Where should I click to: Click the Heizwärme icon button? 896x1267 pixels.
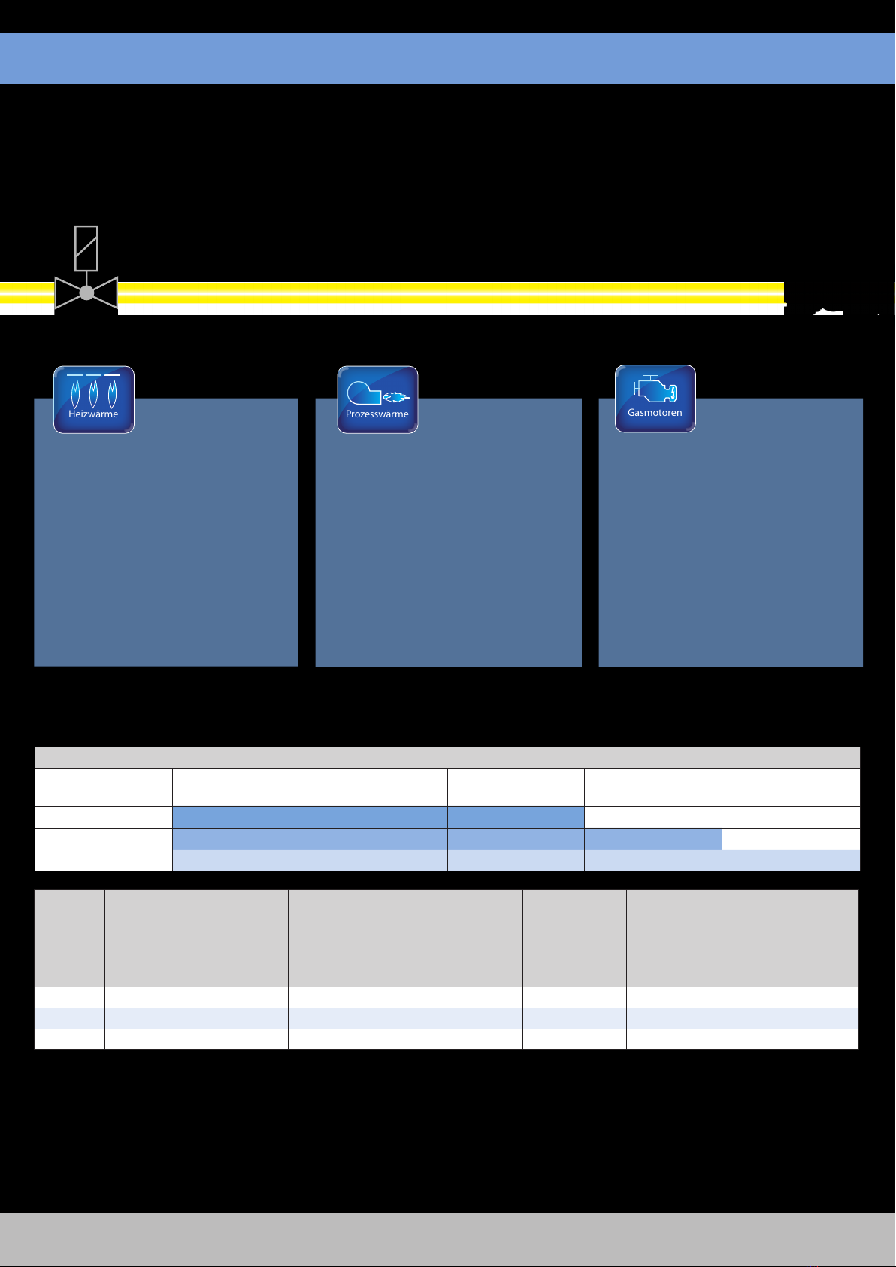click(x=94, y=399)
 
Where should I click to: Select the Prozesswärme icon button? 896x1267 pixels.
click(x=377, y=399)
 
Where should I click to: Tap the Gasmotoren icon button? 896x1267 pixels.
click(x=655, y=399)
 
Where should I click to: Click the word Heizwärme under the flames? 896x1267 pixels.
click(x=93, y=414)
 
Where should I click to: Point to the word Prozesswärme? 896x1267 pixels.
click(x=377, y=414)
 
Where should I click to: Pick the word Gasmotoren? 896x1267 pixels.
click(x=655, y=413)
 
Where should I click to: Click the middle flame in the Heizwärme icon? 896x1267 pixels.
click(x=93, y=393)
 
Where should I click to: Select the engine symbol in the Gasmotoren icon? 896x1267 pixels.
click(x=655, y=390)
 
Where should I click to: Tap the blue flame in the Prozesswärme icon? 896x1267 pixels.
click(x=396, y=396)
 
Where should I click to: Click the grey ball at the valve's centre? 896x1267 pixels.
click(x=86, y=293)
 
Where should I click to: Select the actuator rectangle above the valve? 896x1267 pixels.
click(x=86, y=248)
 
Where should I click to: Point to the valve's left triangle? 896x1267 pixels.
click(x=67, y=293)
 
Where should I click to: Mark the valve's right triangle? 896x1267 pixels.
click(x=106, y=293)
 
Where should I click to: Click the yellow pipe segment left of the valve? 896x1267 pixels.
click(x=26, y=293)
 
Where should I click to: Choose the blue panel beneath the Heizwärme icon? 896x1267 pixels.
click(x=166, y=549)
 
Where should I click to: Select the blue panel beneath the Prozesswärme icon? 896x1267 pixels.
click(x=448, y=549)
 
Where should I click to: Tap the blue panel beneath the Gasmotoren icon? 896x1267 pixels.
click(x=731, y=549)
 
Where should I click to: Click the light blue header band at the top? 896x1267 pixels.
click(x=448, y=58)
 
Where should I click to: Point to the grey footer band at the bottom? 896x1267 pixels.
click(x=448, y=1238)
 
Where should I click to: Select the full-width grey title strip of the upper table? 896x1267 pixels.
click(x=448, y=758)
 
